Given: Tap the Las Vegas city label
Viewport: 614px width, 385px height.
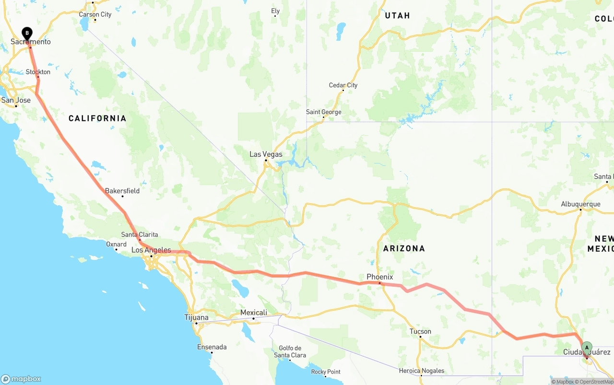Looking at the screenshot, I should click(x=266, y=154).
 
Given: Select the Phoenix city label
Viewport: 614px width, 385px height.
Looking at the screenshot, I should click(x=379, y=277).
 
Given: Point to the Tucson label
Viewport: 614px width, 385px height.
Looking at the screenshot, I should click(x=420, y=331).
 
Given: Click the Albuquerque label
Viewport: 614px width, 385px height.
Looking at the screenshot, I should click(x=580, y=204).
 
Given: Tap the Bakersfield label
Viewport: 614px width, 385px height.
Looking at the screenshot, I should click(x=122, y=191).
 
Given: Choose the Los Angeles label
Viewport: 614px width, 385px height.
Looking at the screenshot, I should click(x=151, y=250).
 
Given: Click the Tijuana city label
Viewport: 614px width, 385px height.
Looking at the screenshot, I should click(x=197, y=317).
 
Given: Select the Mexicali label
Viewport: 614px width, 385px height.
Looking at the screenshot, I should click(x=253, y=313).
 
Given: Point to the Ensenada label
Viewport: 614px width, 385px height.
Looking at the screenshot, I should click(x=212, y=347).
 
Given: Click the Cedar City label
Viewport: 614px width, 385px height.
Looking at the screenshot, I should click(x=343, y=85).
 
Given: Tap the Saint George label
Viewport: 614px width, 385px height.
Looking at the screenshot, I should click(x=324, y=112).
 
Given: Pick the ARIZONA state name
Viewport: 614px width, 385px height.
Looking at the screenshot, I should click(x=404, y=248).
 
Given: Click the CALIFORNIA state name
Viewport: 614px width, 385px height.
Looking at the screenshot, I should click(x=97, y=118).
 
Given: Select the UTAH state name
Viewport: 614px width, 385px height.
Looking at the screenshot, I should click(x=397, y=16).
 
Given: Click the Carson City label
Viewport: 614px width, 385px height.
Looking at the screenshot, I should click(x=95, y=14).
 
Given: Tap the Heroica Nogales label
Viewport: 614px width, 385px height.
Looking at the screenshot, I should click(x=422, y=371).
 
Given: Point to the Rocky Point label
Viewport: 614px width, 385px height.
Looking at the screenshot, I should click(x=326, y=372).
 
